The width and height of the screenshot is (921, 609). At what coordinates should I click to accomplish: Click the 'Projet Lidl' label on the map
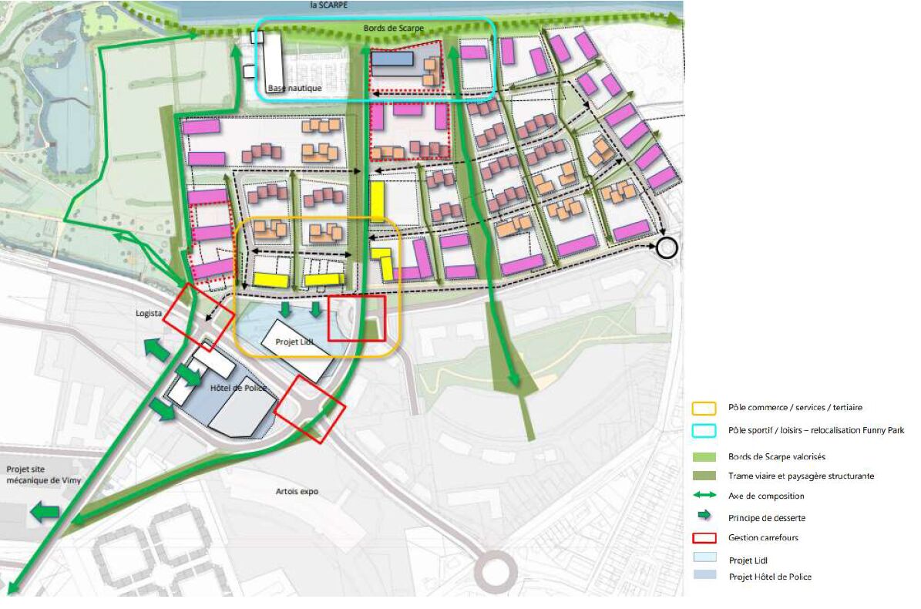click(291, 342)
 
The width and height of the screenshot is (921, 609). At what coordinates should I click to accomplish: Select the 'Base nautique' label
click(294, 89)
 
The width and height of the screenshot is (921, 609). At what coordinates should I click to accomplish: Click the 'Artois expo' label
click(297, 491)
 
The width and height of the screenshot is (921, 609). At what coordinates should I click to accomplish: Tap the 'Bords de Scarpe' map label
click(390, 29)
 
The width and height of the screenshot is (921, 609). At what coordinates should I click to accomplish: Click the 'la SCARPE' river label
click(330, 5)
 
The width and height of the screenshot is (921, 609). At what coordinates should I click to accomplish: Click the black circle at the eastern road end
click(667, 248)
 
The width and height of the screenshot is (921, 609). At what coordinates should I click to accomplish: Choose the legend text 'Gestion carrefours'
click(764, 537)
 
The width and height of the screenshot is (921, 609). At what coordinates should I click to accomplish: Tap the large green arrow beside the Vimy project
click(45, 511)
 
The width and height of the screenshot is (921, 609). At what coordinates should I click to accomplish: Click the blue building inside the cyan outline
click(392, 59)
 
